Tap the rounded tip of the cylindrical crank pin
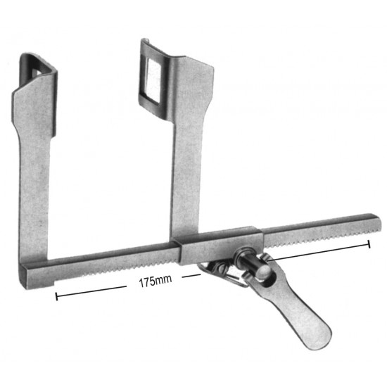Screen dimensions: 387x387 pyautogui.click(x=262, y=269)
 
